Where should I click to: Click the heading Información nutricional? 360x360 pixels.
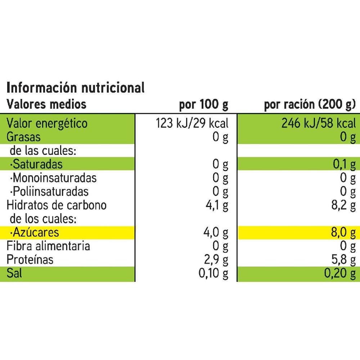76,87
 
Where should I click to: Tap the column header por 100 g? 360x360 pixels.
203,104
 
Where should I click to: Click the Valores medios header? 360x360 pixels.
47,104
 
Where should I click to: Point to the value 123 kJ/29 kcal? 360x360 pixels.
192,123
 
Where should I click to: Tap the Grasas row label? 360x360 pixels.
24,137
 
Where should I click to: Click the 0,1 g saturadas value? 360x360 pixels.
345,165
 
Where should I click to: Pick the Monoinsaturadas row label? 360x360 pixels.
54,178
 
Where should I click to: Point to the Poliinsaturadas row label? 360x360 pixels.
50,192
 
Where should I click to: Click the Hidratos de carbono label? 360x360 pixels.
57,205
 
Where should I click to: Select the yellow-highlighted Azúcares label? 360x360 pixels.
35,233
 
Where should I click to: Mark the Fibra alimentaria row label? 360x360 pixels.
49,246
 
